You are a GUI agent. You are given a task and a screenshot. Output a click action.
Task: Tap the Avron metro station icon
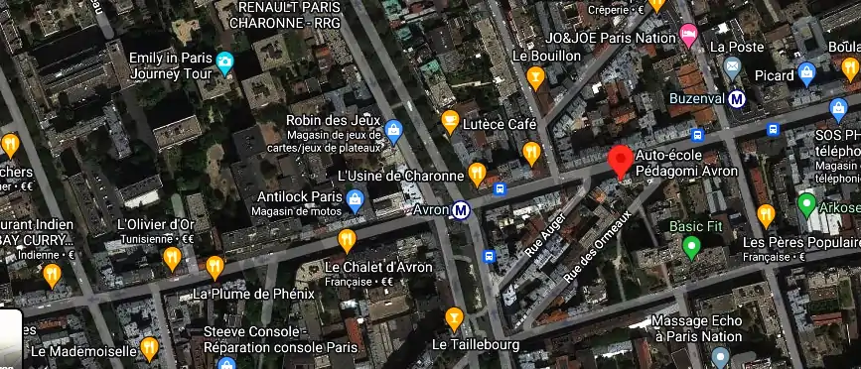461,210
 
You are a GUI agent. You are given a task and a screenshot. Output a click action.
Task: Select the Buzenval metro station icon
737,98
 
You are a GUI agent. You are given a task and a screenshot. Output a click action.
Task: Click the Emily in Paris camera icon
225,64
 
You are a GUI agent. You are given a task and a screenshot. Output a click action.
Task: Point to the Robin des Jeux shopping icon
394,128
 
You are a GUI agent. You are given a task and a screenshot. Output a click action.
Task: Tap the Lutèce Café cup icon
450,123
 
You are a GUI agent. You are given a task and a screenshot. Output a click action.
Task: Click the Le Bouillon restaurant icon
536,75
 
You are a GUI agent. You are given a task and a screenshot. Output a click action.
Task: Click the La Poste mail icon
733,67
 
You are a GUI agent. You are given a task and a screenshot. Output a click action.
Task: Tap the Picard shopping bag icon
807,73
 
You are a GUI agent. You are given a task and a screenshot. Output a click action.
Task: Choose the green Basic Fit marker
691,247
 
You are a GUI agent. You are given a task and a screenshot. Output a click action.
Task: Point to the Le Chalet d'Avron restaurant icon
347,240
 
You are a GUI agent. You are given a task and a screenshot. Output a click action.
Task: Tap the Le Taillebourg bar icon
454,318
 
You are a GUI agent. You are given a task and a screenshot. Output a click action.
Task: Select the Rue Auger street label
545,234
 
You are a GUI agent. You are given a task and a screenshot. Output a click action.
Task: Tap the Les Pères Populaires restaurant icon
766,215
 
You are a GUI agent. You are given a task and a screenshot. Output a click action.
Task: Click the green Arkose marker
807,207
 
